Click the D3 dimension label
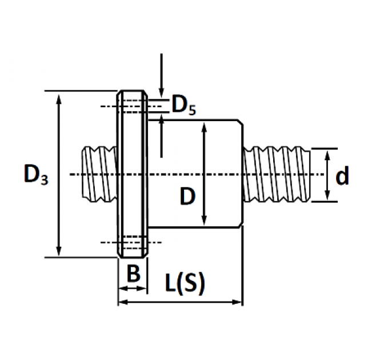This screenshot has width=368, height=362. (36, 174)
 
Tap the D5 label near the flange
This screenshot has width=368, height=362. (184, 105)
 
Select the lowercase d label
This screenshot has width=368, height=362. (342, 175)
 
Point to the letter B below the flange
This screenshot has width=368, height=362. (133, 273)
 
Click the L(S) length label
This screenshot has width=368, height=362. (185, 283)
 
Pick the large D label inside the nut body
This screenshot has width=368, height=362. (188, 196)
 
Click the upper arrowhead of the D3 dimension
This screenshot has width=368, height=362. (59, 98)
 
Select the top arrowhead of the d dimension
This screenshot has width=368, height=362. (327, 155)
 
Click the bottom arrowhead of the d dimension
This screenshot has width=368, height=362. (327, 195)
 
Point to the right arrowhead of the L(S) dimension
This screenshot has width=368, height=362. (237, 302)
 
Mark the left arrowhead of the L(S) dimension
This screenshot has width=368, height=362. (123, 302)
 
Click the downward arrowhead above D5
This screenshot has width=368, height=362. (161, 92)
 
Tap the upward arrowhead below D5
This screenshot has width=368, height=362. (161, 120)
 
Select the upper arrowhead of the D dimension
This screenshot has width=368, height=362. (204, 127)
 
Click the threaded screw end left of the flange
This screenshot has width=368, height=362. (99, 174)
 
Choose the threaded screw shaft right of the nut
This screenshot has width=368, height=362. (277, 174)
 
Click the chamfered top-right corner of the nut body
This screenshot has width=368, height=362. (241, 122)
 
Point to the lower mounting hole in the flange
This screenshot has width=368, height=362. (133, 242)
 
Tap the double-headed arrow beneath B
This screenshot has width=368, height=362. (133, 288)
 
